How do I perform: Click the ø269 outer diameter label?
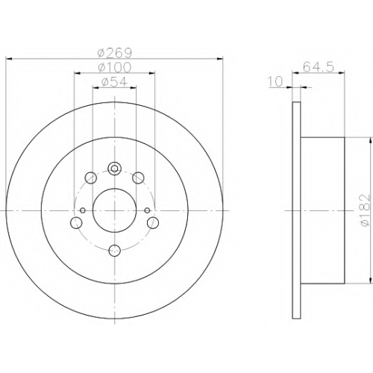point(115,52)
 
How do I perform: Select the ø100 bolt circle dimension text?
point(115,67)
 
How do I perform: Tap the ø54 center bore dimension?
point(115,81)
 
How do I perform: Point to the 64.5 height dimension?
point(319,67)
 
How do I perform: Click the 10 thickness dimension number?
point(275,81)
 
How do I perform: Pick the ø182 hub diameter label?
point(366,210)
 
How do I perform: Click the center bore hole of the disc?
point(114,210)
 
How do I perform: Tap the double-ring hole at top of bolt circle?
point(114,169)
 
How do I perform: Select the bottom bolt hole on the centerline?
point(115,250)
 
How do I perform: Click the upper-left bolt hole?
point(90,178)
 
